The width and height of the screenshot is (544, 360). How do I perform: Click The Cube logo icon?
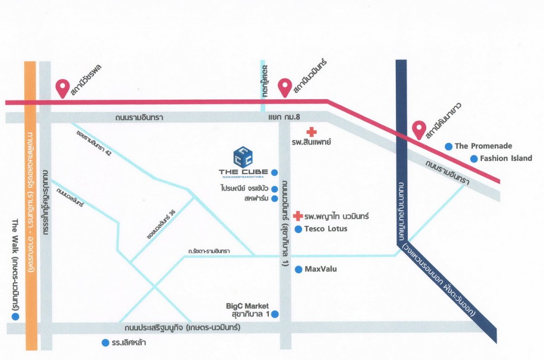(x=243, y=157)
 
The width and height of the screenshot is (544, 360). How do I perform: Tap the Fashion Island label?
(x=506, y=158)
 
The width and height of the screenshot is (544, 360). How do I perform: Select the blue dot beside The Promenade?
(x=449, y=146)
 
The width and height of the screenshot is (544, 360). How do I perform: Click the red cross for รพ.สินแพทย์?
(x=311, y=131)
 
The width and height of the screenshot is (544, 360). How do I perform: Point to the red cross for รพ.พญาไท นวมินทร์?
(x=298, y=216)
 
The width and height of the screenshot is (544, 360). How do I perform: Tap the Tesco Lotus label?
(x=326, y=229)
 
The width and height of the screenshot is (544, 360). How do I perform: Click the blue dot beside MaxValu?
(x=298, y=269)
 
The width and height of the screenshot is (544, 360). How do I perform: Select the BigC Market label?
(x=248, y=306)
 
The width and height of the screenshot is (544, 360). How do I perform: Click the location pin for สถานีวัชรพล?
(x=63, y=87)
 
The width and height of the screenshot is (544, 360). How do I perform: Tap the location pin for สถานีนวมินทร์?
(x=285, y=87)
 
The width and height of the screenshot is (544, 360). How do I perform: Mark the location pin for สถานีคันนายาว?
(x=420, y=129)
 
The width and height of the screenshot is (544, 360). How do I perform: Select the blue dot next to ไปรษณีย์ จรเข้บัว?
(x=274, y=189)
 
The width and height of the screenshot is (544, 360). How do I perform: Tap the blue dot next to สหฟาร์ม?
(x=274, y=199)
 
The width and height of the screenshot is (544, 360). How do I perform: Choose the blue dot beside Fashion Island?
(x=473, y=158)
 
